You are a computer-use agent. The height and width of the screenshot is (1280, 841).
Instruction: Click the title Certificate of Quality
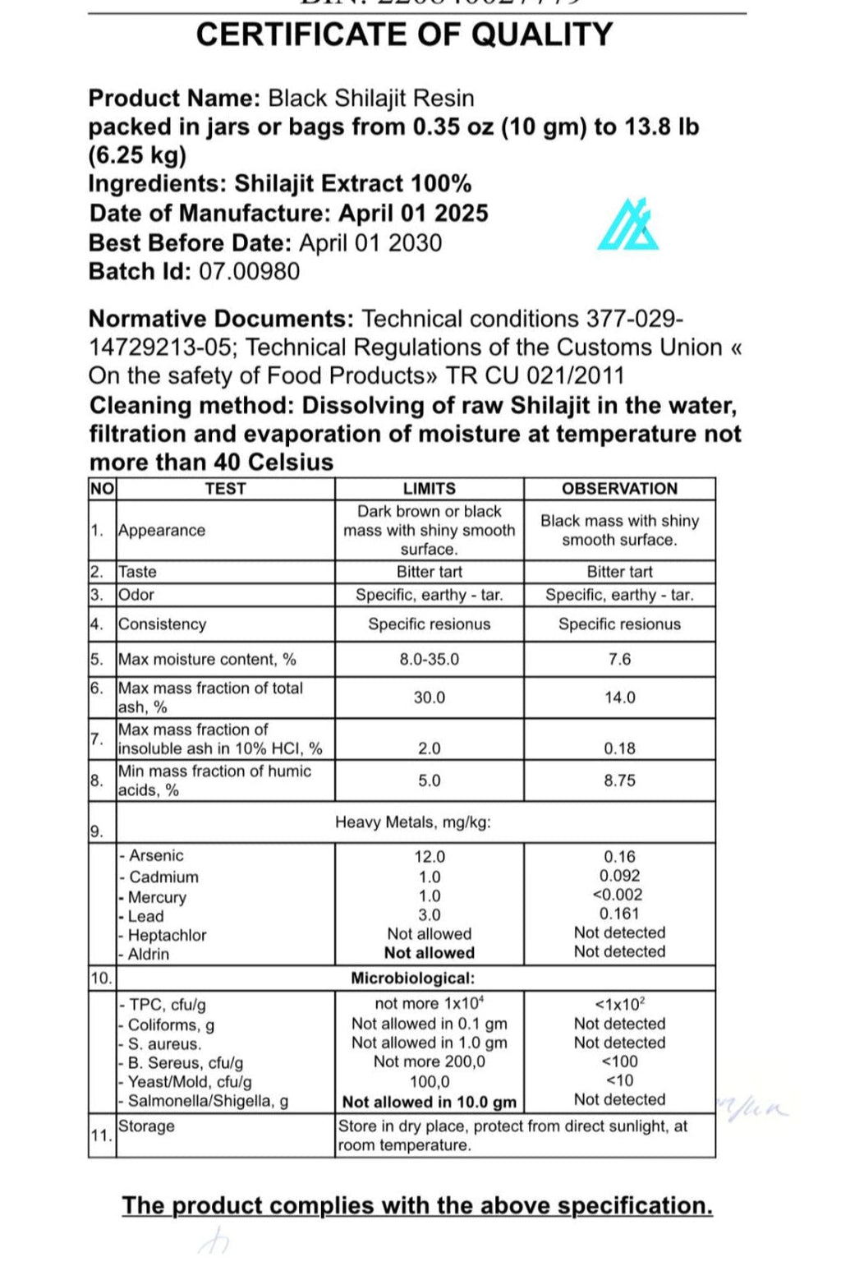point(404,35)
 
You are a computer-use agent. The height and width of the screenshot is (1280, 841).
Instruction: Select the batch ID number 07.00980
point(250,272)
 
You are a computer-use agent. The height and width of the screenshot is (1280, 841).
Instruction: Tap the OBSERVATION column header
point(619,489)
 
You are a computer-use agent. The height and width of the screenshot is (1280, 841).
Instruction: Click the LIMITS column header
point(429,489)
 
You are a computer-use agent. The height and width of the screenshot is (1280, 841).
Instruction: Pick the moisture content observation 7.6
point(619,660)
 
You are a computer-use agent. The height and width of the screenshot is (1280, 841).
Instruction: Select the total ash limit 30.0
point(429,698)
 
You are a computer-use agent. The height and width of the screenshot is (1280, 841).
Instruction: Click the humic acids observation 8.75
point(619,780)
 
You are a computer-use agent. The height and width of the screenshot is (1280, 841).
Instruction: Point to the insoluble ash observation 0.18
point(619,748)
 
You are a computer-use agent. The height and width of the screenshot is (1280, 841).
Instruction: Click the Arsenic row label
point(155,856)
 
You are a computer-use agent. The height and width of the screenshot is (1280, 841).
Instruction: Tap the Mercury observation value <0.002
point(619,895)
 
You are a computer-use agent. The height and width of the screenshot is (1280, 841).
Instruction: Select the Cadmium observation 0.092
point(619,876)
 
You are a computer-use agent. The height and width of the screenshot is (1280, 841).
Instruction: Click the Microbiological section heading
point(412,978)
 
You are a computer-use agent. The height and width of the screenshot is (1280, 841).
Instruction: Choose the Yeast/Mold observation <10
point(619,1080)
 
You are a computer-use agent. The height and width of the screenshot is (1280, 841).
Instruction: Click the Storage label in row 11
point(147,1126)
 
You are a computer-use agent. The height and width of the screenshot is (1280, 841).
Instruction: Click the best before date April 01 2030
point(370,243)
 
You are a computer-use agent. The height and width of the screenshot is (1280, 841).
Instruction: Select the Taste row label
point(137,572)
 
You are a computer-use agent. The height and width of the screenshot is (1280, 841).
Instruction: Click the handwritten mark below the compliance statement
point(214,1240)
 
